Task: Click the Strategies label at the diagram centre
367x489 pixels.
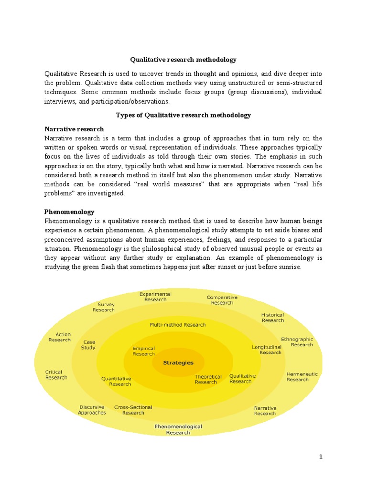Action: coord(178,362)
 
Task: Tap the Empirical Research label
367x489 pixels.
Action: coord(144,351)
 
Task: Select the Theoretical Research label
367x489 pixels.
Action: coord(208,379)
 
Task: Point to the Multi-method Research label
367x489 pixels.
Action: coord(178,325)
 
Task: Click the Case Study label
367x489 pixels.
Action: coord(89,345)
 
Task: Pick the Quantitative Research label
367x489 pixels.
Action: coord(116,381)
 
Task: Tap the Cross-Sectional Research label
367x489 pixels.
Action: coord(133,410)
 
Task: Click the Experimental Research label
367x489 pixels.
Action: coord(155,297)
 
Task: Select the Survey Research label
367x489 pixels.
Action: coord(104,307)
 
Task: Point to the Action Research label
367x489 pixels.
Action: coord(60,337)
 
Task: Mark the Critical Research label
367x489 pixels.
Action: coord(56,375)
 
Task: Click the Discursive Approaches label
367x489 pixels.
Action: coord(92,410)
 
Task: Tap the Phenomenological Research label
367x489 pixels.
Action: coord(178,429)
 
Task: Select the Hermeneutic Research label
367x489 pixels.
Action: coord(302,377)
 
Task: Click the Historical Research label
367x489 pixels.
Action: coord(272,318)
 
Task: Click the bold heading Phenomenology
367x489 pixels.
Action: coord(69,212)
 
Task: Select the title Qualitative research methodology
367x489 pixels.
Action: coord(183,60)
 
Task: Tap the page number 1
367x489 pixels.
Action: coord(321,457)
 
